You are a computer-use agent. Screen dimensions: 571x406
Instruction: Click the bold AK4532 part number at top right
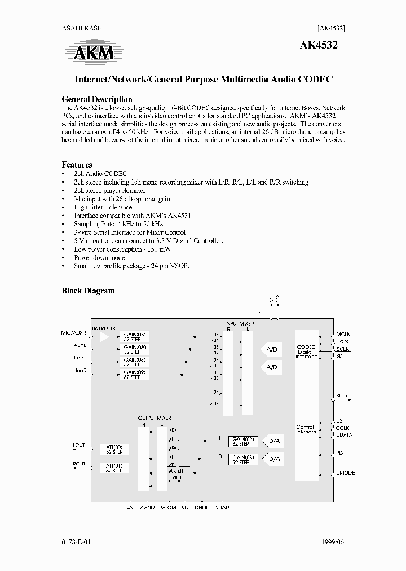[x=322, y=47]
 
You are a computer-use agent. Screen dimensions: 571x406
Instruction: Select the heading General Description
[x=96, y=99]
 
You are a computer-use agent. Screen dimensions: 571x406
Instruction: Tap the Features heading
[x=77, y=165]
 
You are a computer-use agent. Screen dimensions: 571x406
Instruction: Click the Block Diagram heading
[x=88, y=291]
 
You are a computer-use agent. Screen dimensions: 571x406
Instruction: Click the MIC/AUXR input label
[x=73, y=333]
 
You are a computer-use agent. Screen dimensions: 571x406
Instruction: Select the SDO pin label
[x=341, y=396]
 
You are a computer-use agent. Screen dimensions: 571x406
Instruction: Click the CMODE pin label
[x=345, y=472]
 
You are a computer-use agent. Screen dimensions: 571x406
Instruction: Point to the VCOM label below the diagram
[x=168, y=507]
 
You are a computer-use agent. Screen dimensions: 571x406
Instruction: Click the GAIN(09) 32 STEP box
[x=134, y=374]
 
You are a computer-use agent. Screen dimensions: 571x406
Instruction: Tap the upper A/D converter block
[x=272, y=350]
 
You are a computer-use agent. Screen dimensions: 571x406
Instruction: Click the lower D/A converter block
[x=273, y=459]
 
